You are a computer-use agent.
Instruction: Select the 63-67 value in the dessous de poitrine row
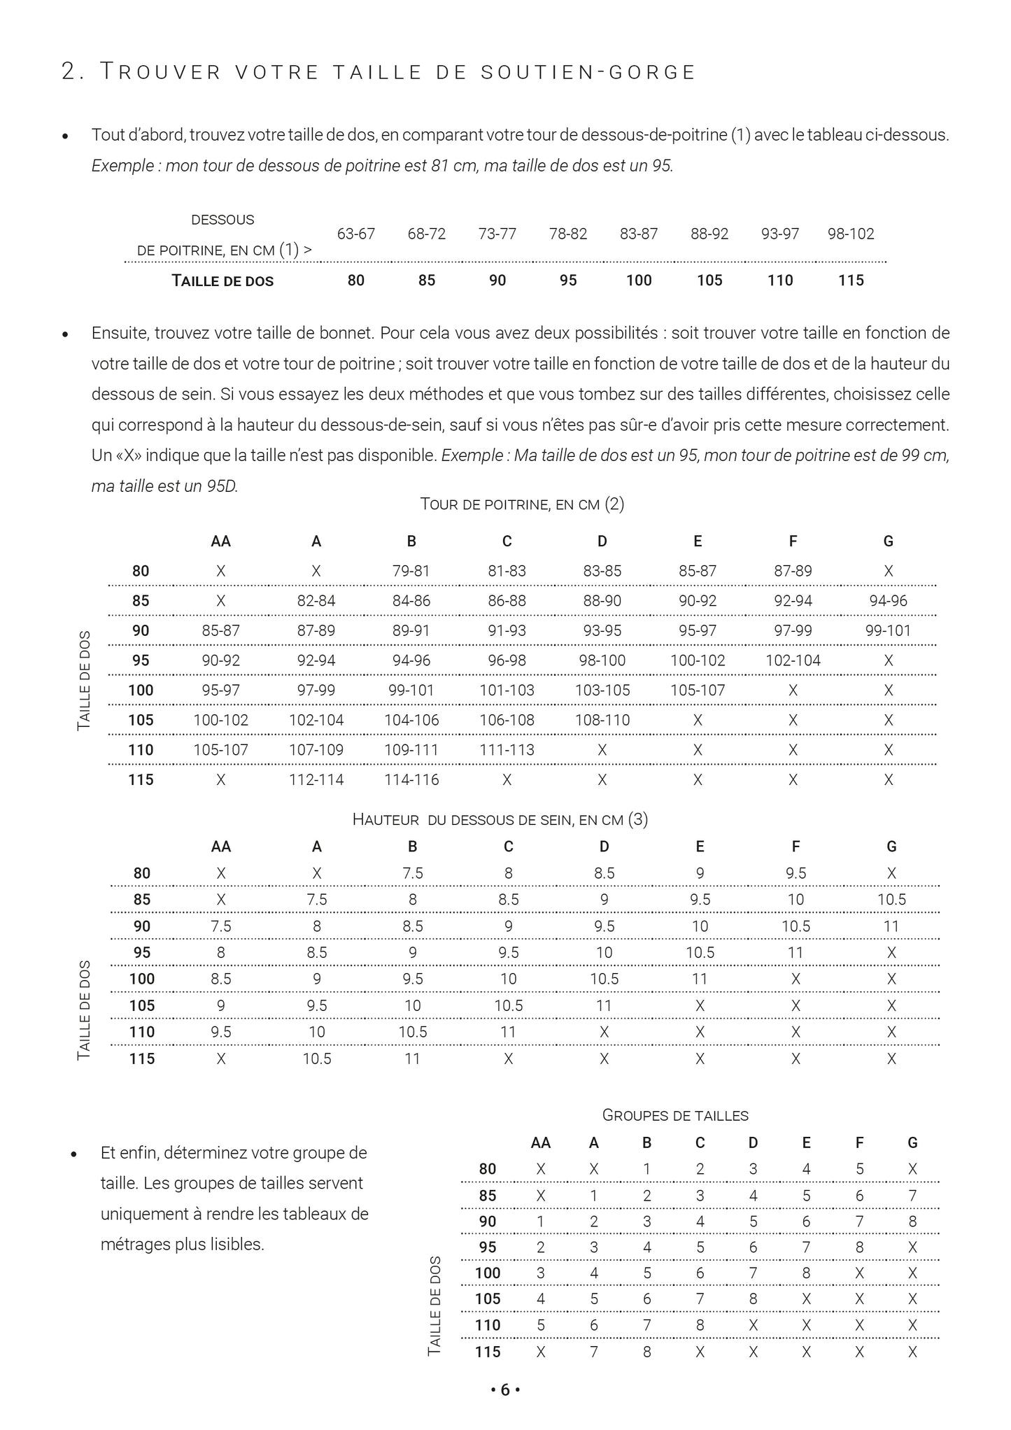click(356, 234)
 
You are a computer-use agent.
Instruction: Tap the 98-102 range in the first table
click(851, 234)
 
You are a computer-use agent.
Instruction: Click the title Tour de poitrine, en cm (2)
click(522, 504)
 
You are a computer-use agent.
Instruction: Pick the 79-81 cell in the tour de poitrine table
click(411, 571)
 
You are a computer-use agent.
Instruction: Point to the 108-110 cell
click(602, 720)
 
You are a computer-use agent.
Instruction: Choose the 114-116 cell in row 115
click(411, 779)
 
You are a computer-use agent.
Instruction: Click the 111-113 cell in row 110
click(507, 750)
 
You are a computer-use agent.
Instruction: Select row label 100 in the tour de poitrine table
click(141, 691)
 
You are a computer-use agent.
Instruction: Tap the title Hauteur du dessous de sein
click(500, 819)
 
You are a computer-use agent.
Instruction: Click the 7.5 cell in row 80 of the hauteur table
click(413, 873)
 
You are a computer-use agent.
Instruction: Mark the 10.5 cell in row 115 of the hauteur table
click(317, 1059)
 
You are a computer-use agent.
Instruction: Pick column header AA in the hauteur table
click(221, 847)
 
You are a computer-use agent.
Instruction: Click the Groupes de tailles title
click(675, 1115)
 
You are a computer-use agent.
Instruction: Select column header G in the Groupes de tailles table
click(912, 1142)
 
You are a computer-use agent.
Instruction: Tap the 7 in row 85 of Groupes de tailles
click(912, 1196)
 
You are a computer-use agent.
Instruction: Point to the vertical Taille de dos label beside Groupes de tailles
click(434, 1305)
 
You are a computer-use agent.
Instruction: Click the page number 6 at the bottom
click(505, 1390)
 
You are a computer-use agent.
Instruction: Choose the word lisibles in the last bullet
click(237, 1245)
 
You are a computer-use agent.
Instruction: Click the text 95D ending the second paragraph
click(222, 486)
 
